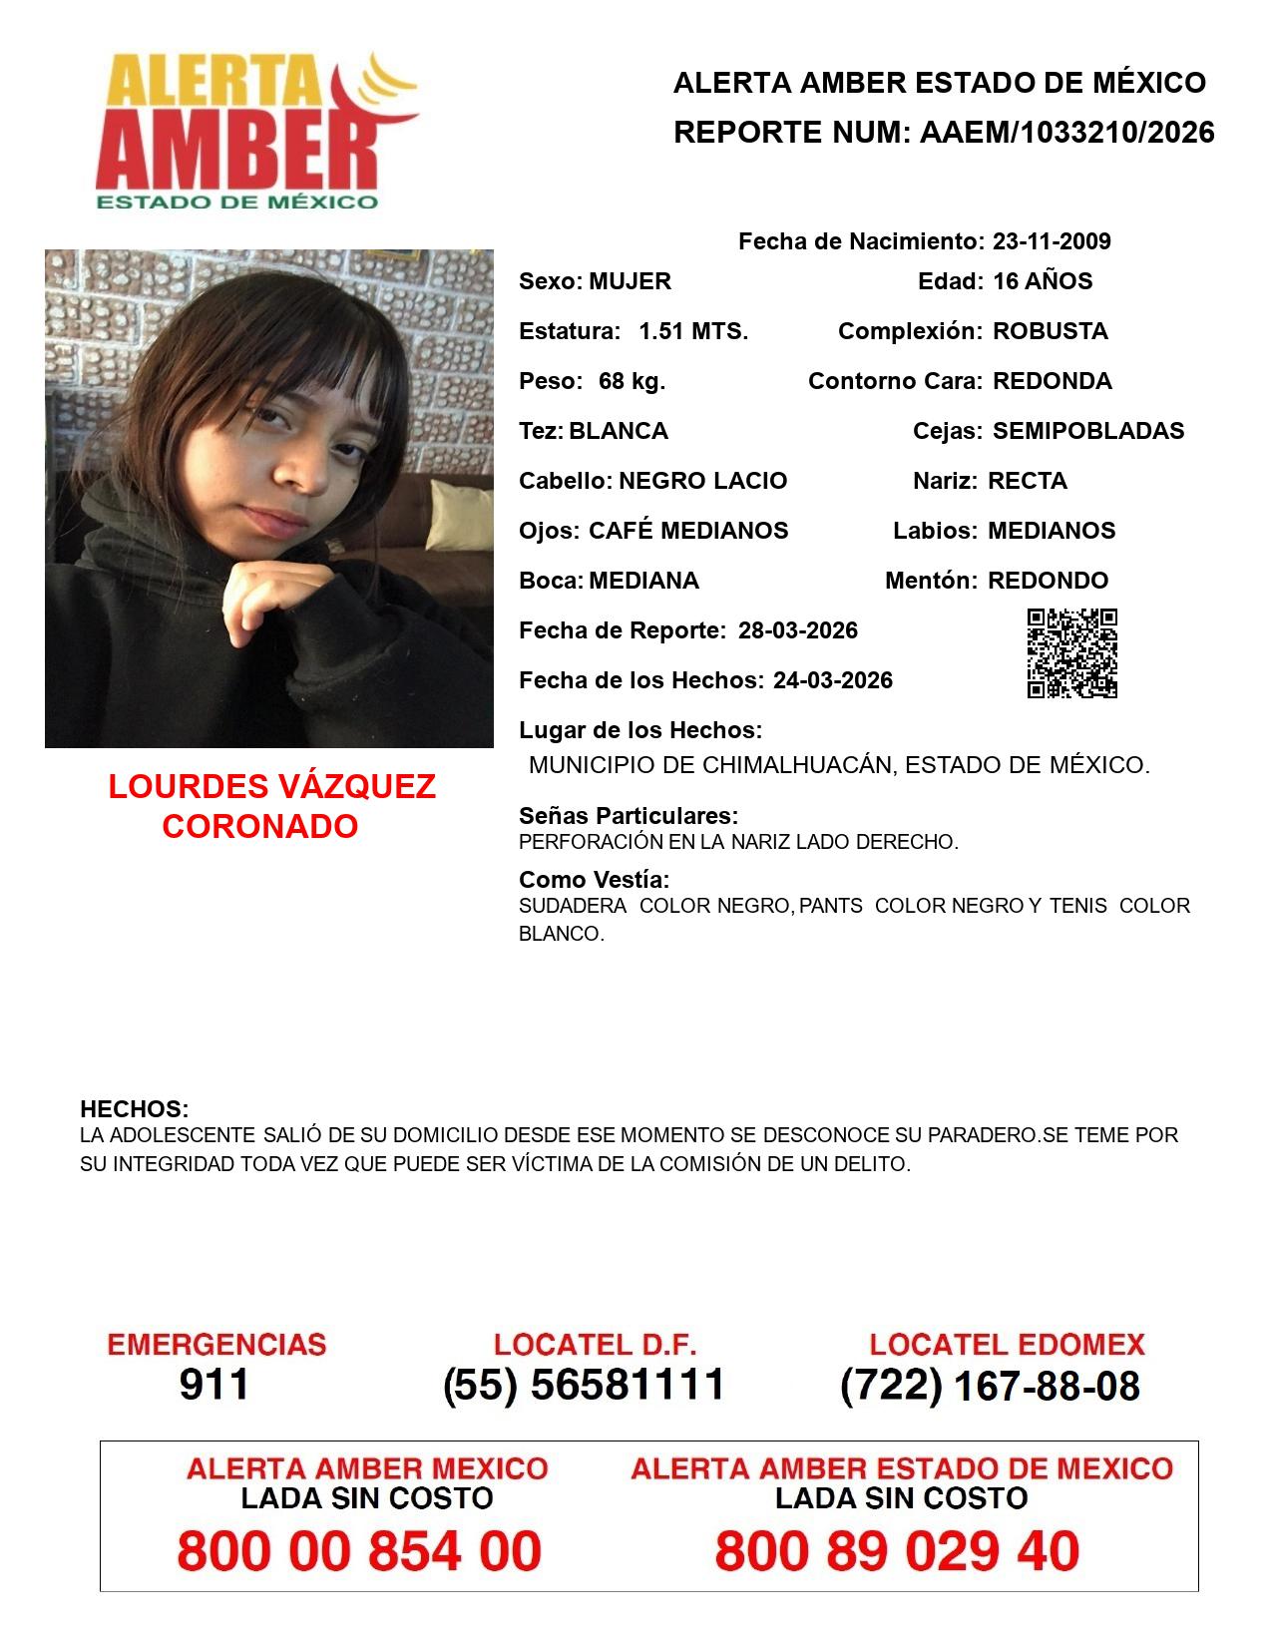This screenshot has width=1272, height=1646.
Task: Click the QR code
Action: tap(1072, 653)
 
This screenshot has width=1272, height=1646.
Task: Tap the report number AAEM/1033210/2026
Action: tap(1066, 133)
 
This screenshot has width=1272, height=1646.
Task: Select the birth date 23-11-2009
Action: tap(1052, 241)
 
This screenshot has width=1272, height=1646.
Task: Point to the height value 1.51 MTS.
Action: tap(693, 331)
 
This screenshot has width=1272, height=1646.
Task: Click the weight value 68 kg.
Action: tap(632, 381)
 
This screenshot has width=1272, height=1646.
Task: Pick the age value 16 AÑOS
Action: tap(1043, 281)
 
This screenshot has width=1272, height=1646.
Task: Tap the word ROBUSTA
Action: tap(1050, 331)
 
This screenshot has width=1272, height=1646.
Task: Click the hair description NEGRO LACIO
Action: tap(702, 481)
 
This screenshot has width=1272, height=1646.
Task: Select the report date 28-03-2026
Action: tap(798, 630)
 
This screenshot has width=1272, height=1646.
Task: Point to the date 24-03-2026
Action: tap(833, 680)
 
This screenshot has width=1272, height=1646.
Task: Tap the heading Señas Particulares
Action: tap(629, 816)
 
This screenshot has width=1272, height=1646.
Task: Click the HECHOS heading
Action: tap(134, 1109)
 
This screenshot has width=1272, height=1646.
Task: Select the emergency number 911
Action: tap(214, 1385)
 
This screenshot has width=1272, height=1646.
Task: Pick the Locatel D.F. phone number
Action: tap(584, 1385)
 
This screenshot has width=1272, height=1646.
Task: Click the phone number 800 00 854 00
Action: tap(359, 1551)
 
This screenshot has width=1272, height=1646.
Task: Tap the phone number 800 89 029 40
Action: tap(897, 1551)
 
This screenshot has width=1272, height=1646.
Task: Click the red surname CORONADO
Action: tap(259, 826)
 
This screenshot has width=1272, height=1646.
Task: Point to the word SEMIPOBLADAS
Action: tap(1088, 431)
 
